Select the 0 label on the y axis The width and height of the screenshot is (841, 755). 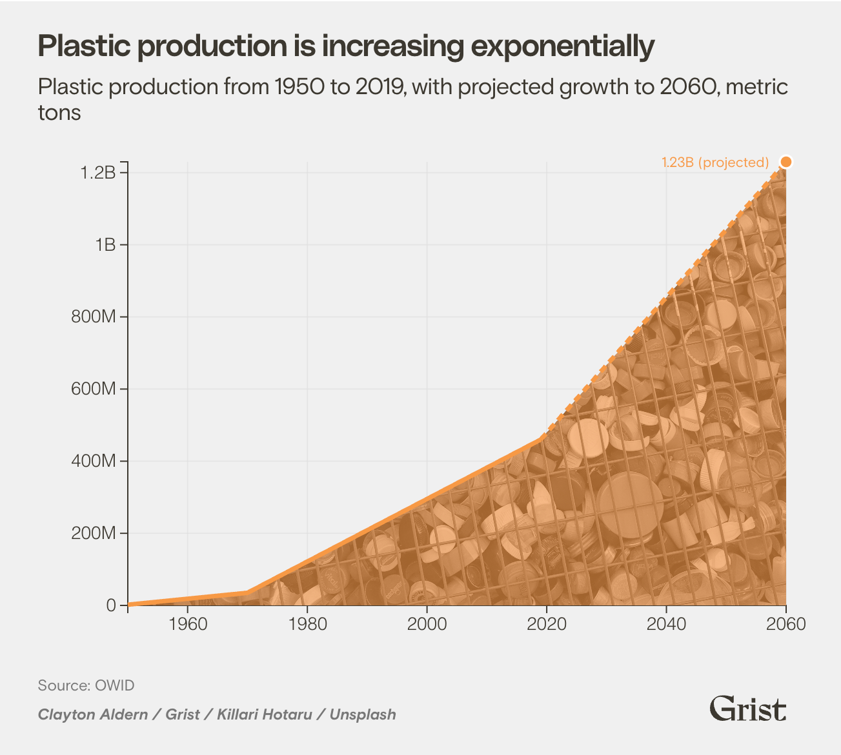(x=111, y=605)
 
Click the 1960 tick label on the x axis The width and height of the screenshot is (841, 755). (x=187, y=624)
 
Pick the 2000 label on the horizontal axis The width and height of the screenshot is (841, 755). (x=427, y=624)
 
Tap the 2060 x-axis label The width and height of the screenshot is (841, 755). (x=785, y=624)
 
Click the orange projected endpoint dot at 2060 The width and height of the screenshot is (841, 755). (x=785, y=162)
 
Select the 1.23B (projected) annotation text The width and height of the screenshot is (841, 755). (x=715, y=162)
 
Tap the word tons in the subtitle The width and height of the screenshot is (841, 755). (x=59, y=113)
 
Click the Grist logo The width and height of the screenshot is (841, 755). (x=747, y=709)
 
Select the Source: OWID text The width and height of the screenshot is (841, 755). (x=86, y=685)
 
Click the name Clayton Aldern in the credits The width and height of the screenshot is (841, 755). (x=92, y=714)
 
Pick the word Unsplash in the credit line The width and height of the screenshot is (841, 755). (x=363, y=714)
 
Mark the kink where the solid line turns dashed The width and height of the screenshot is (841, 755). (x=541, y=439)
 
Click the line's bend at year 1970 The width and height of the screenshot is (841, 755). (x=247, y=592)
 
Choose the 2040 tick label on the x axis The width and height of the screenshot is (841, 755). (x=665, y=624)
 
